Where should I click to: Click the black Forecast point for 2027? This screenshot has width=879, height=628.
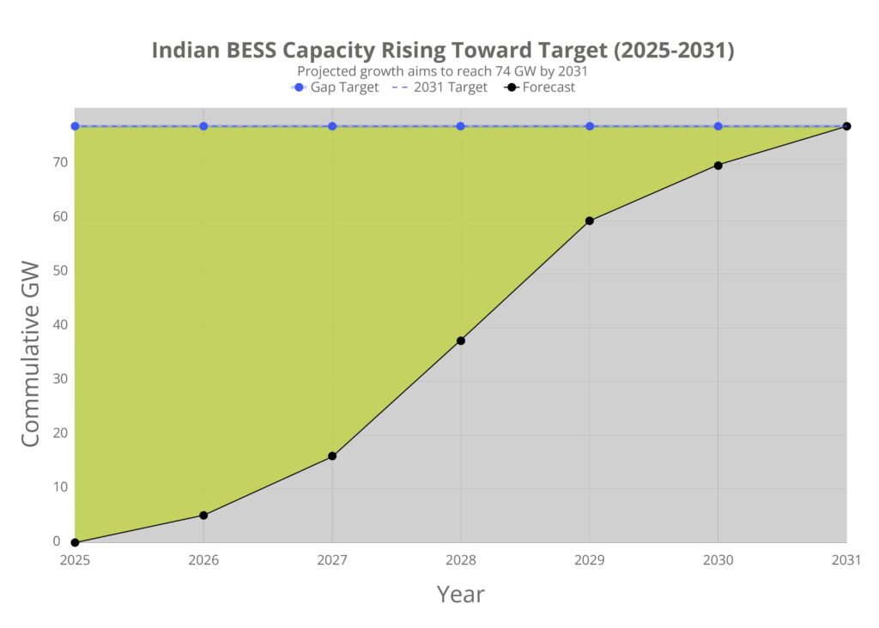click(332, 456)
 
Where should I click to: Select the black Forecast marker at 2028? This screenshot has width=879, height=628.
click(461, 341)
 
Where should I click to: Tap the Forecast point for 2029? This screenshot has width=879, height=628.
click(590, 220)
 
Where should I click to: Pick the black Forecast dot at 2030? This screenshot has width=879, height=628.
click(718, 165)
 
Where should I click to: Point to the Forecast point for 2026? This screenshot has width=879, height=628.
click(203, 515)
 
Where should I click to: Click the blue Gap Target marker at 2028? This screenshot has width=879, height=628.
click(461, 126)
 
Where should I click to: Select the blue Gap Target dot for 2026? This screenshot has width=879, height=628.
click(203, 126)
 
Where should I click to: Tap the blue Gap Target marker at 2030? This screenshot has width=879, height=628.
click(718, 126)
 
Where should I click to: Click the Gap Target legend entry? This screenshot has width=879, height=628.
click(336, 88)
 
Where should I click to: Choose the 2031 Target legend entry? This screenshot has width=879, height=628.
click(440, 88)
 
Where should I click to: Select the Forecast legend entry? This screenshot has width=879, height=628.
click(541, 88)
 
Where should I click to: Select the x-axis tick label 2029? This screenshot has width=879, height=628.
click(590, 559)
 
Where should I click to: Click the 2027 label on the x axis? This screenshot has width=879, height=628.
click(332, 559)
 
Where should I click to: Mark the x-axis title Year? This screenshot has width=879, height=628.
click(461, 594)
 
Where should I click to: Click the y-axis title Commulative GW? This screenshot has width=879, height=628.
click(30, 353)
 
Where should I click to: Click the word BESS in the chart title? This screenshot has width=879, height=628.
click(252, 51)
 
